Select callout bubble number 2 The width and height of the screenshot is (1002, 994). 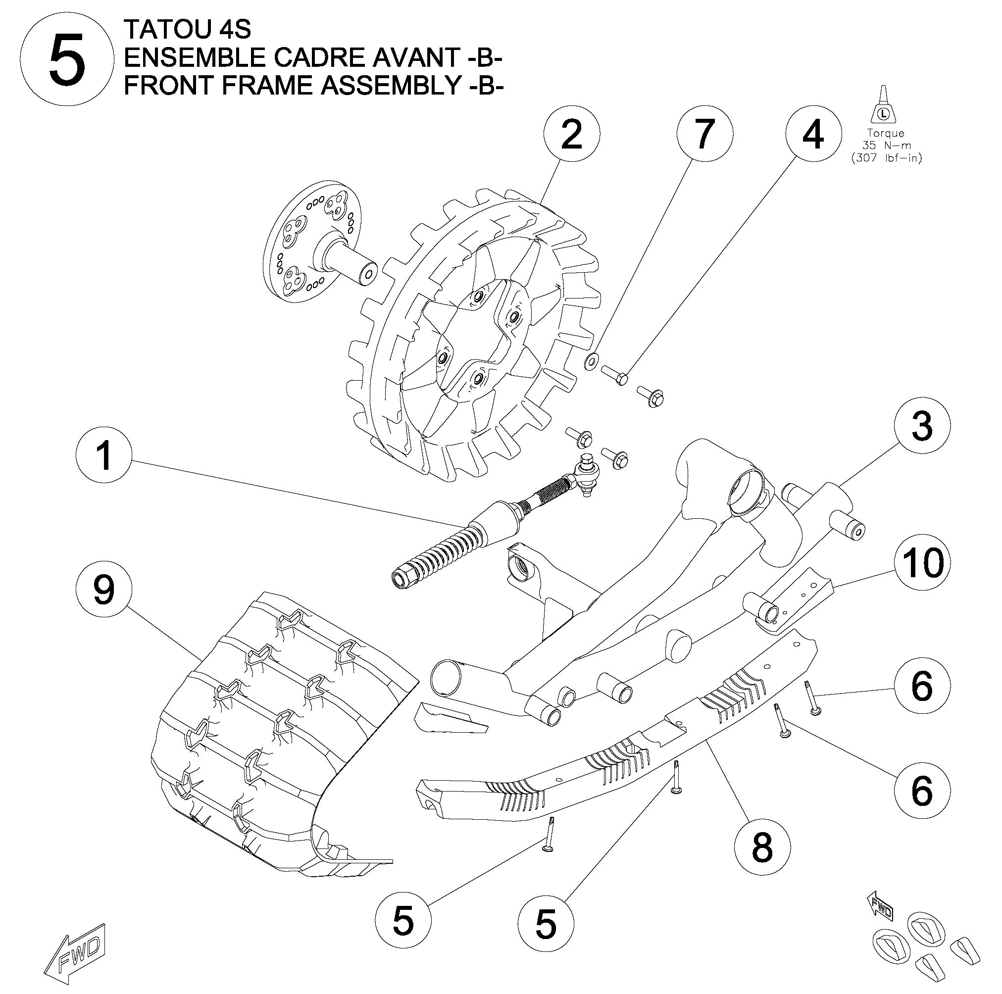point(571,135)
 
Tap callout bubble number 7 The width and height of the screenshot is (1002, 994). point(705,135)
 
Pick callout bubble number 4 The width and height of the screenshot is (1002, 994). point(813,135)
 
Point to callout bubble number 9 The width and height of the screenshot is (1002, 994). point(104,590)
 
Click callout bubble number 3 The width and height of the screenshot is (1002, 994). point(922,427)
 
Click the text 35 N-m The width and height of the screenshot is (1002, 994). point(886,146)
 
